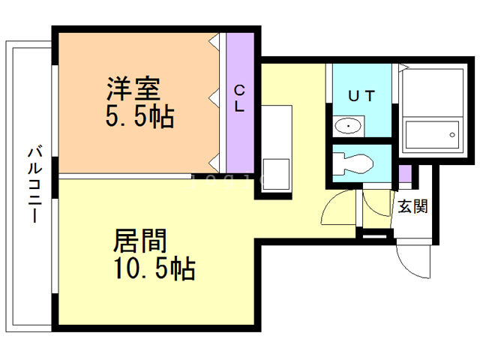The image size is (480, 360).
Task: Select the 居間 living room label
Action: [x=139, y=241]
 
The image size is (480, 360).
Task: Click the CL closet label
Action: [x=239, y=98]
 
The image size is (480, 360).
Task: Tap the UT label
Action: [x=361, y=95]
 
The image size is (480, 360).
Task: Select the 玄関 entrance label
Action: [x=412, y=206]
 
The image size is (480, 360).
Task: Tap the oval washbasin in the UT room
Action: [x=347, y=126]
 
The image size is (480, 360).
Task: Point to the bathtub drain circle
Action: [x=452, y=136]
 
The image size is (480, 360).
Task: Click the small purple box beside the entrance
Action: [x=405, y=175]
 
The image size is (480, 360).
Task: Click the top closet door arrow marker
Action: [x=214, y=37]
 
